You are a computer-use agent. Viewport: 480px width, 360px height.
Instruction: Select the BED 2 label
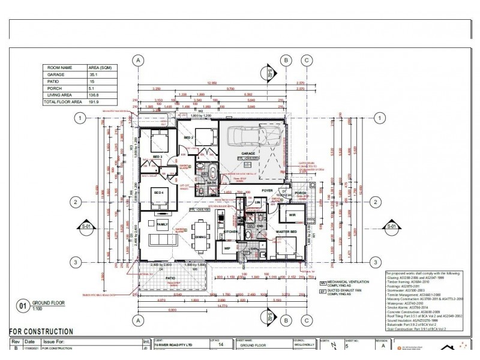point(188,137)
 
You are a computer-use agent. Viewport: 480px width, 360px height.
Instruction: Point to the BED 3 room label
point(158,157)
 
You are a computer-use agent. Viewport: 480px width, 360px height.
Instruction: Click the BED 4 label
point(159,193)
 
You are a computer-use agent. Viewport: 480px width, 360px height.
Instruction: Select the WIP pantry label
point(227,247)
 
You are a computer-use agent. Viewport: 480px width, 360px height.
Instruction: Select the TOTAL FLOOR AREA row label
point(62,103)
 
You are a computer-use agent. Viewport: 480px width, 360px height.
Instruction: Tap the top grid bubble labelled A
point(139,60)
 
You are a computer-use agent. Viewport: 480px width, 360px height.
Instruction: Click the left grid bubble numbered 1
point(79,118)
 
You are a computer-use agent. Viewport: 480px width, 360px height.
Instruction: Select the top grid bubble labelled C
point(307,60)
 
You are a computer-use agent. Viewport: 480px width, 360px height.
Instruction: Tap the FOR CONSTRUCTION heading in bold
point(41,331)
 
